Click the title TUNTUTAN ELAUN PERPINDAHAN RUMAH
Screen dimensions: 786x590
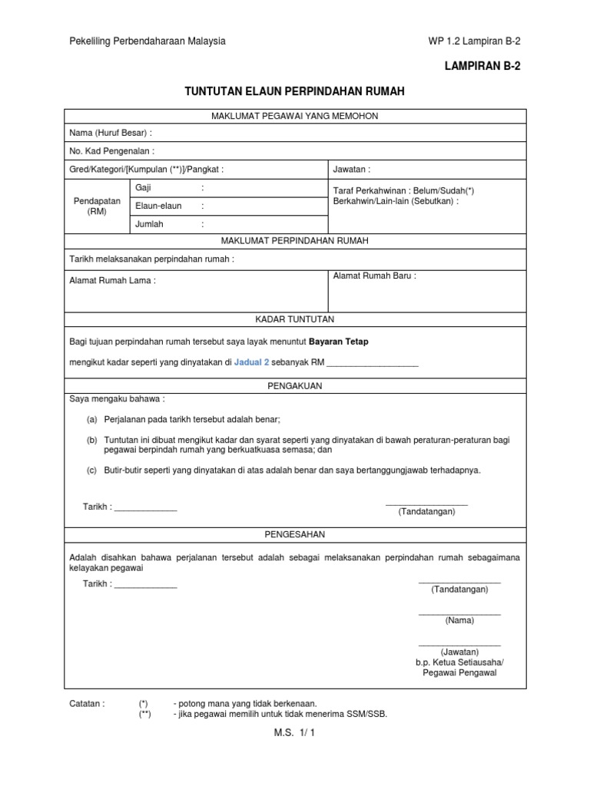coord(294,91)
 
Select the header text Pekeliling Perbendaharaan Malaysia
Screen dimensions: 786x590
coord(147,41)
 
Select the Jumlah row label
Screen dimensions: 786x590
coord(149,224)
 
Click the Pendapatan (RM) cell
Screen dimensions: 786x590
coord(96,206)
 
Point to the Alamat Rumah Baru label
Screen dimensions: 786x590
coord(374,276)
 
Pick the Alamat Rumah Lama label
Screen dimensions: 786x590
coord(112,280)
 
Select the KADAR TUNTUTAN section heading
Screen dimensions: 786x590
coord(294,319)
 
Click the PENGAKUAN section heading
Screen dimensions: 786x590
coord(294,386)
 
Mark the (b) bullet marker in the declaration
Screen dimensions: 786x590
coord(92,440)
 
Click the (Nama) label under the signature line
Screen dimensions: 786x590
coord(459,620)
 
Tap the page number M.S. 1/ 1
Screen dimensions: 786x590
coord(295,733)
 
